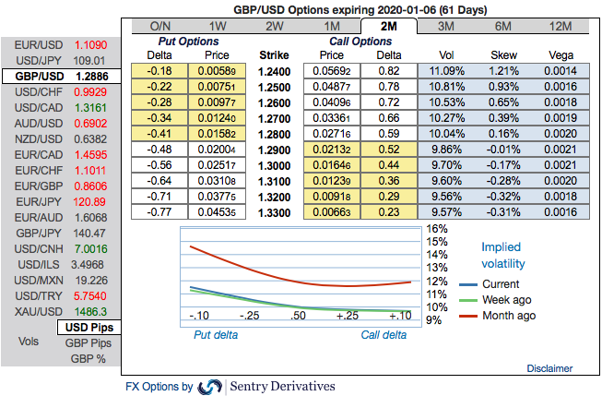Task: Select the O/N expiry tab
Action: click(x=159, y=27)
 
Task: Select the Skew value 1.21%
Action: click(x=505, y=70)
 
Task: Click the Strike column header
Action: click(x=274, y=55)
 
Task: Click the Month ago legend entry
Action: click(x=507, y=316)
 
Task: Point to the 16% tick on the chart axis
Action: click(x=437, y=229)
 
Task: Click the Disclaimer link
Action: click(x=549, y=368)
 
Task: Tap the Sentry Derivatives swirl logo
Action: click(x=210, y=386)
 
